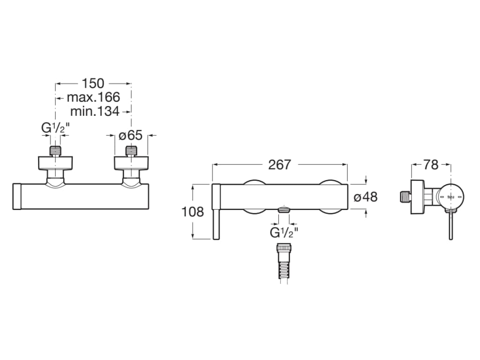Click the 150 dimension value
93,83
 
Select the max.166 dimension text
93,97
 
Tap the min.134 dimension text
94,112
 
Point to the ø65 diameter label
130,135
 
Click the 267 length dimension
279,165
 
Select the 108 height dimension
193,212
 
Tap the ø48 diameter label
366,197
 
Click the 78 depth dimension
431,165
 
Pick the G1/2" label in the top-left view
55,128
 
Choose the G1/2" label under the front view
284,232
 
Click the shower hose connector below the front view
283,262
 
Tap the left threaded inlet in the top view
56,151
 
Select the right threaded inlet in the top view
131,151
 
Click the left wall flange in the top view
56,163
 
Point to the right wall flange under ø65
131,163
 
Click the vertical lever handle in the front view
216,212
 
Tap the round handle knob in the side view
451,197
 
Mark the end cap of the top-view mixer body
17,196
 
